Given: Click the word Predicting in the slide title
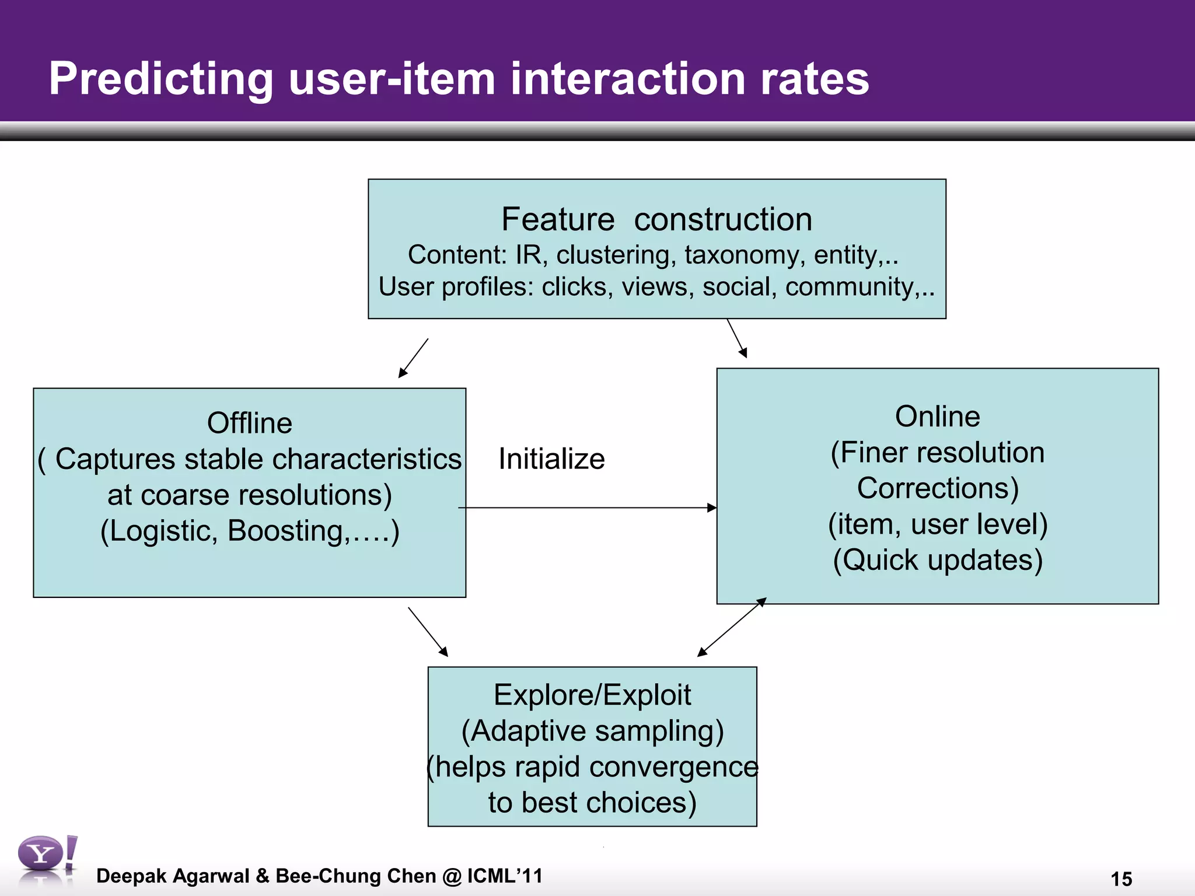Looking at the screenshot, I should coord(160,79).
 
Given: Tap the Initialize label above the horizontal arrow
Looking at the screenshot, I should coord(551,459).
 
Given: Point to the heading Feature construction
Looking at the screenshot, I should coord(656,220).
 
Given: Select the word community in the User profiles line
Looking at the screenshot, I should coord(849,287).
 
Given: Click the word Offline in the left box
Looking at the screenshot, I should coord(249,423).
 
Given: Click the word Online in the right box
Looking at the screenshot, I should coord(937,416).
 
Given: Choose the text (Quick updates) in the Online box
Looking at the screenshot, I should coord(937,560).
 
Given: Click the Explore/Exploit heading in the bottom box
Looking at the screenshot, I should coord(592,695).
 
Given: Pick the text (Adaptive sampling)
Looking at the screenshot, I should coord(592,731).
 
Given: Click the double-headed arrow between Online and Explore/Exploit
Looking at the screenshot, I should coord(732,627).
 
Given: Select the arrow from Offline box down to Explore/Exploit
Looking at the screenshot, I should coord(428,632).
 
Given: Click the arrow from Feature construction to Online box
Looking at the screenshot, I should coord(737,338).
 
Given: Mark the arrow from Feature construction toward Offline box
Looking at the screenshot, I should coord(414,358).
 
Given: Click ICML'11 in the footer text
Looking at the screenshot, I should coord(505,876).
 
